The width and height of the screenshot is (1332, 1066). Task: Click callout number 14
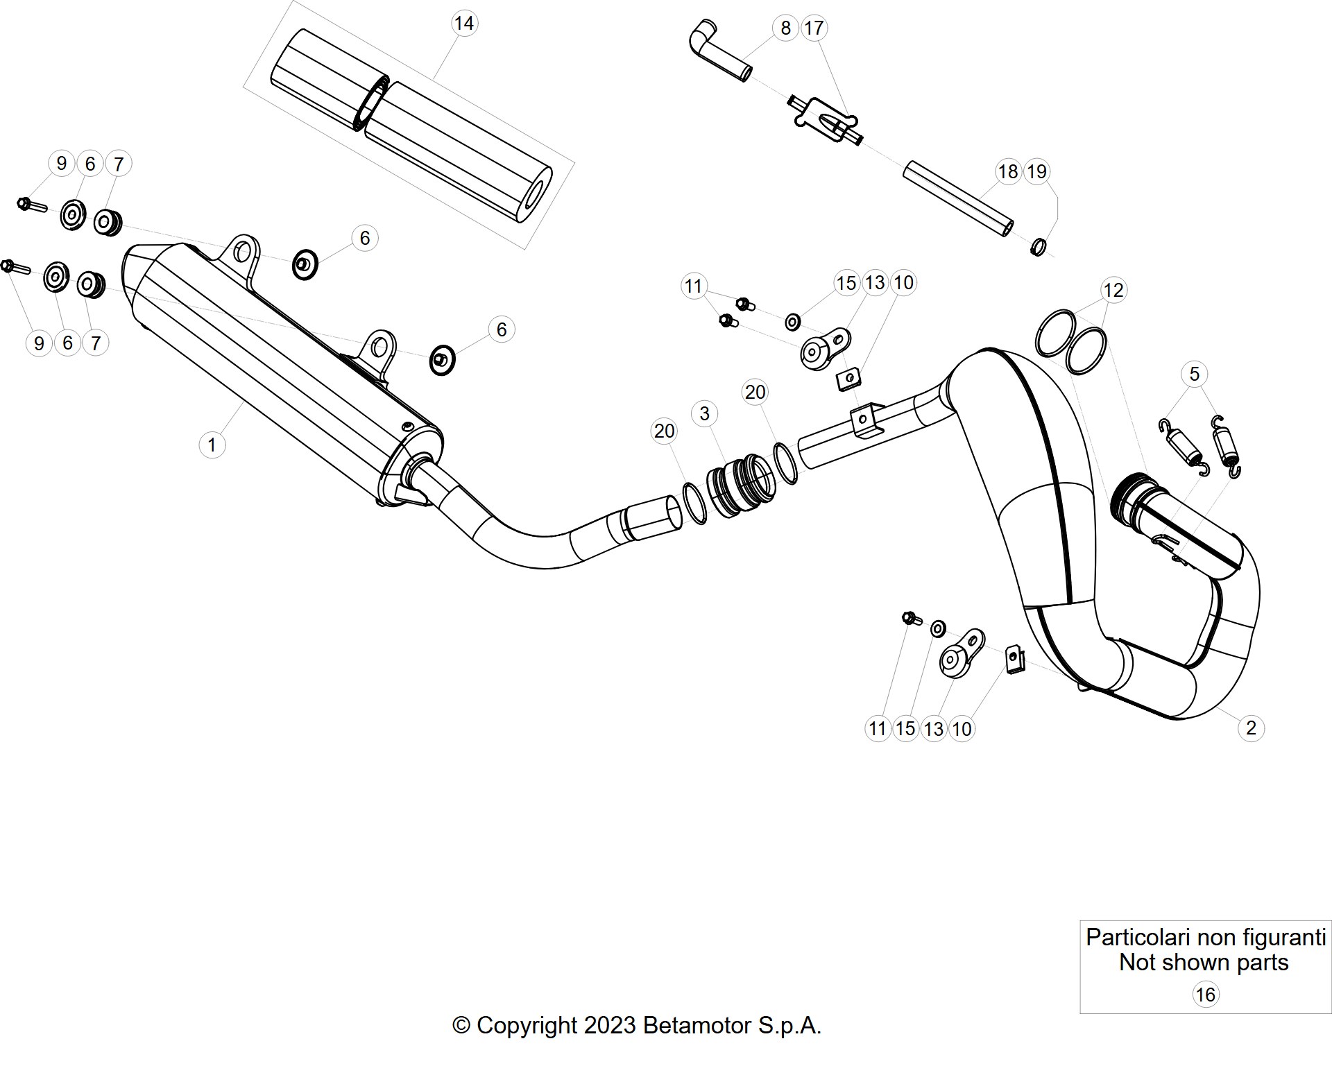tap(463, 24)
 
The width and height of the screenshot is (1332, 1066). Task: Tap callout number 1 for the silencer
tap(212, 445)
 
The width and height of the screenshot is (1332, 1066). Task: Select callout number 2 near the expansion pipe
tap(1251, 728)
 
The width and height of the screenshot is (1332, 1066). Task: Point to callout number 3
tap(705, 413)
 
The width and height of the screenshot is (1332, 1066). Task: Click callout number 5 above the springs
tap(1194, 374)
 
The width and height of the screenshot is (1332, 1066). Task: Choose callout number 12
tap(1113, 290)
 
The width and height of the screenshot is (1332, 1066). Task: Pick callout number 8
tap(785, 28)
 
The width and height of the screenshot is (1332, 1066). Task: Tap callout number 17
tap(814, 28)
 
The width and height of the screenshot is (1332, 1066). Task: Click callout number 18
tap(1008, 171)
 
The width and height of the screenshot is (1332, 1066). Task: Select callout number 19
tap(1036, 171)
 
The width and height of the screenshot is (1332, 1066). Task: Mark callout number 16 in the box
tap(1205, 995)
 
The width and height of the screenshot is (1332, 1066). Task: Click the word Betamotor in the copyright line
tap(697, 1025)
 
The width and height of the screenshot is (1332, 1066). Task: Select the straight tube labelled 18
tap(958, 199)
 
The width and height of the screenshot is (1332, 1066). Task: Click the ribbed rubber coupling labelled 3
tap(740, 485)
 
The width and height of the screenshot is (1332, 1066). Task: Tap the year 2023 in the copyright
tap(610, 1025)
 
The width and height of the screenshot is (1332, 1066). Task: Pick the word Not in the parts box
tap(1136, 963)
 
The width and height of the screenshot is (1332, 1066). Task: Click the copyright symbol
tap(461, 1026)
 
